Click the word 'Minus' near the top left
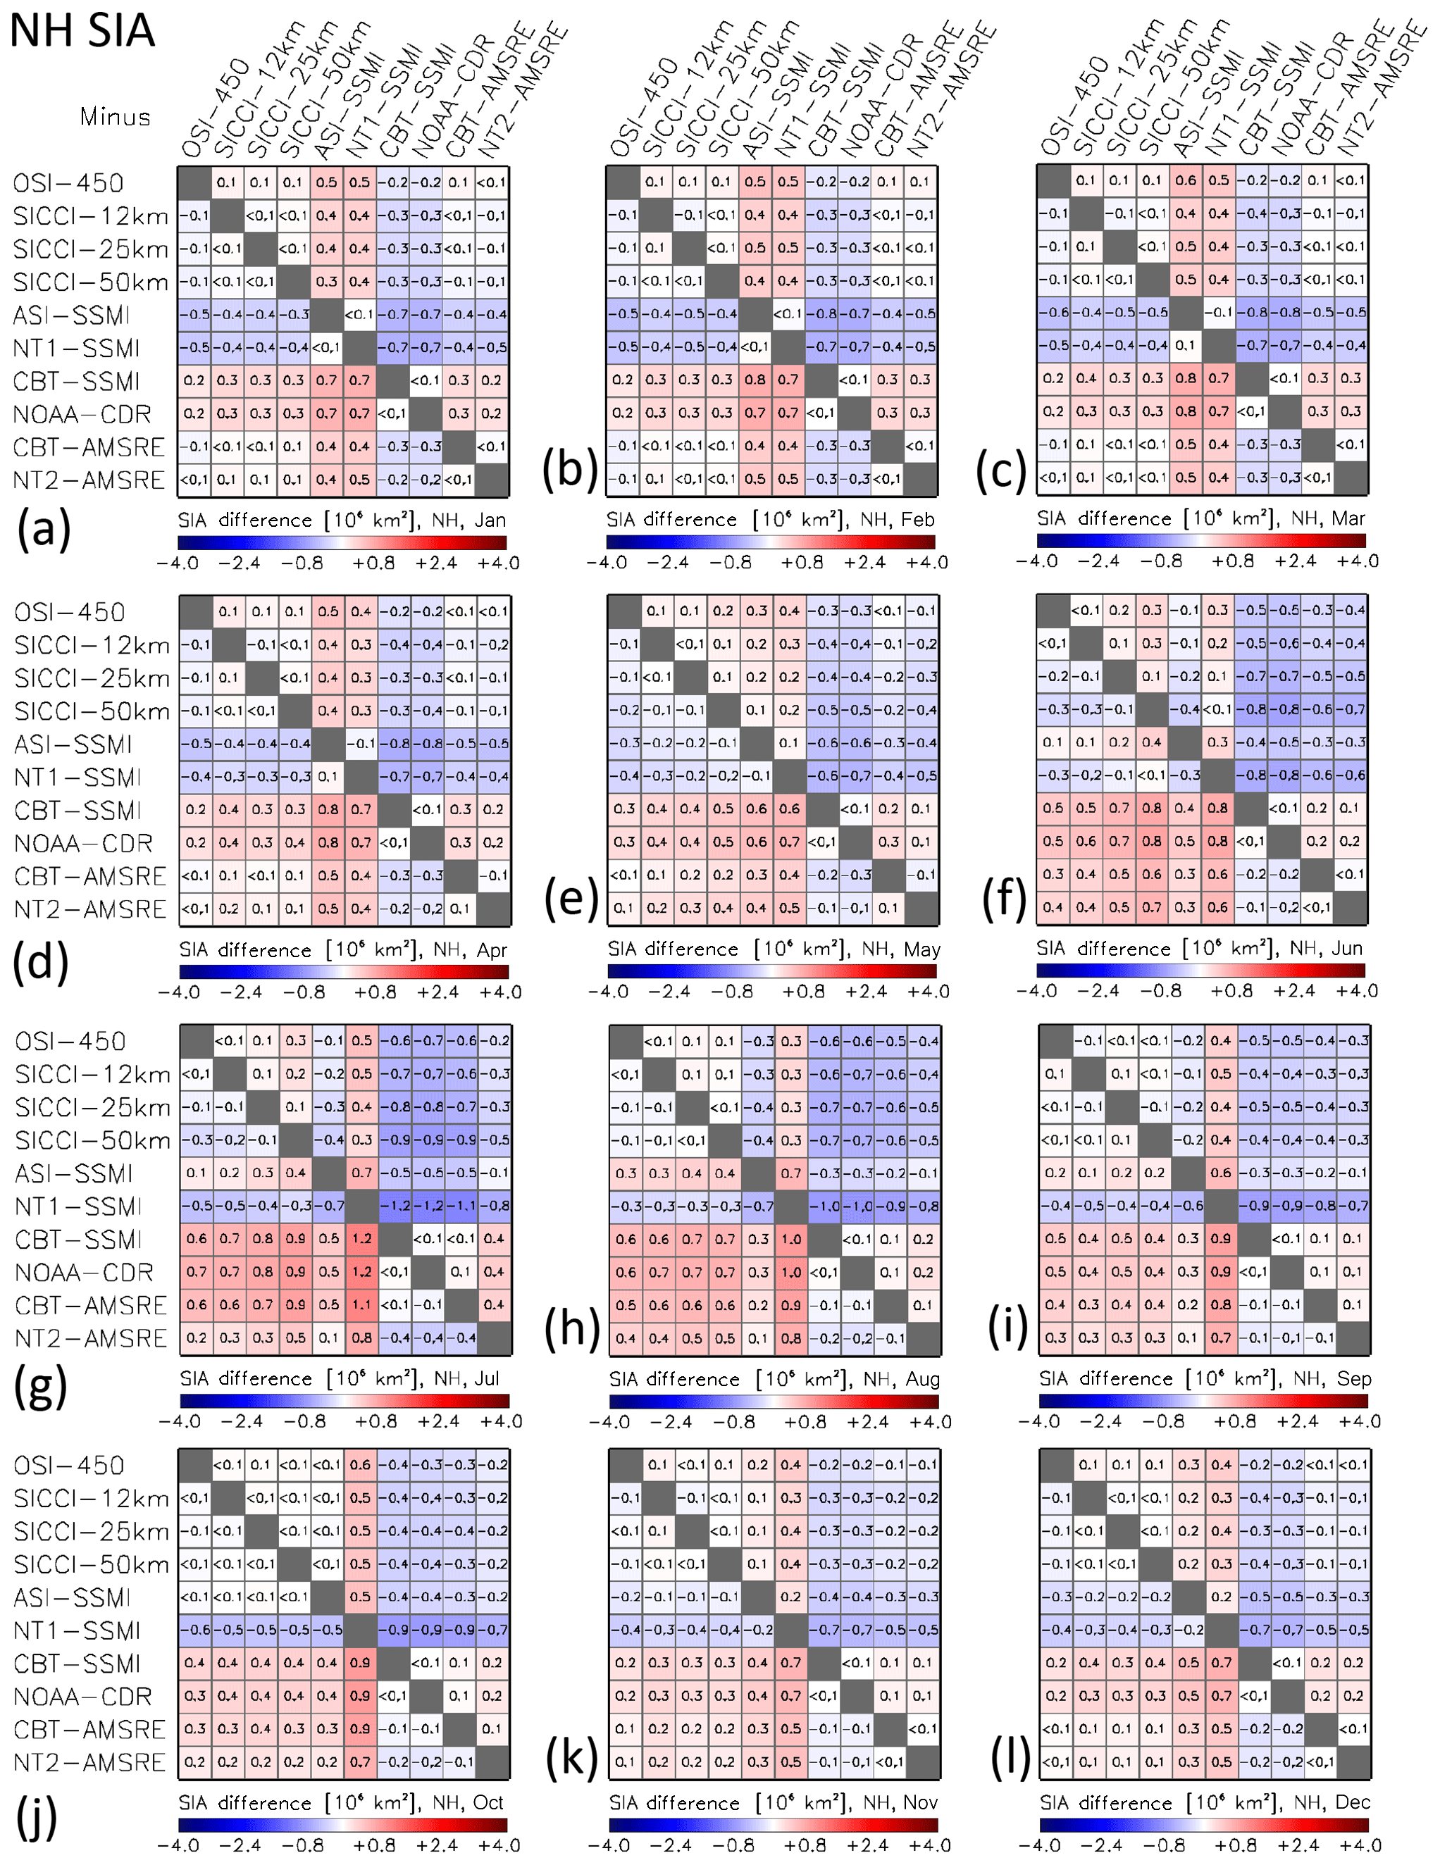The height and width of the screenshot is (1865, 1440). [116, 117]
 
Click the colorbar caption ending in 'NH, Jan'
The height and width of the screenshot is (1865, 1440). [342, 520]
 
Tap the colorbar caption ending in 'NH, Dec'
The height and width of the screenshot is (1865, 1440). [1204, 1802]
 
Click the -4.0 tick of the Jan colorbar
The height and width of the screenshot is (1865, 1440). [178, 563]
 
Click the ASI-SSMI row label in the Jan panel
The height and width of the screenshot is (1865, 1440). [72, 315]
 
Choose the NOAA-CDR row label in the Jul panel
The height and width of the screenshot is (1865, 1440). [84, 1273]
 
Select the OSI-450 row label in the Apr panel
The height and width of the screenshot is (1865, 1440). [69, 612]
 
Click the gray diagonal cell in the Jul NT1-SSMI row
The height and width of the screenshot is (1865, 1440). [362, 1206]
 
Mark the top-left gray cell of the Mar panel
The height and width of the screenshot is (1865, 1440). [1053, 180]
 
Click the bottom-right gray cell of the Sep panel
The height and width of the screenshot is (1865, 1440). [1353, 1338]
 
